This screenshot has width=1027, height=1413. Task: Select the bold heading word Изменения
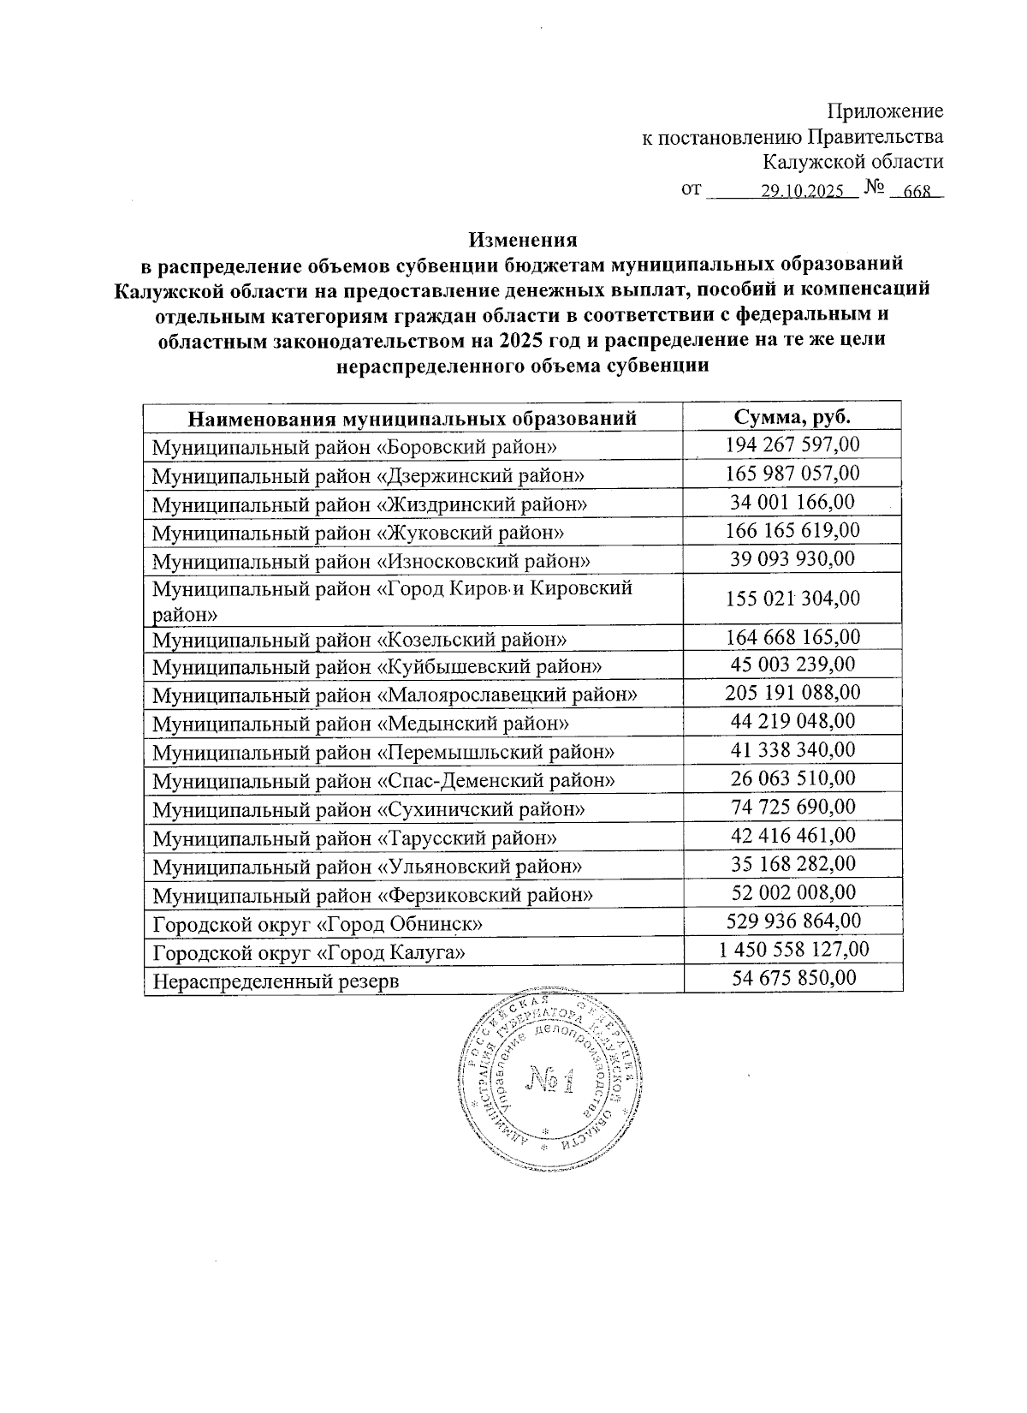click(523, 239)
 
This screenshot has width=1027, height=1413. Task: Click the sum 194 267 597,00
click(792, 444)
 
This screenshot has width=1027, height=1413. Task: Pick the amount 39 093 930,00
click(792, 559)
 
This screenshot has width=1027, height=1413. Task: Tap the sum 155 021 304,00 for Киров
click(792, 598)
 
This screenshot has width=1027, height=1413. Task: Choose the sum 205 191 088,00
click(792, 692)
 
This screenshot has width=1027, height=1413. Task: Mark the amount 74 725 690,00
click(792, 807)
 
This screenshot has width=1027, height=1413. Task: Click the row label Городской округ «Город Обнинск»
click(317, 924)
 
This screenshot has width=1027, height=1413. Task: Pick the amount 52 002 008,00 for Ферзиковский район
click(792, 892)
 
